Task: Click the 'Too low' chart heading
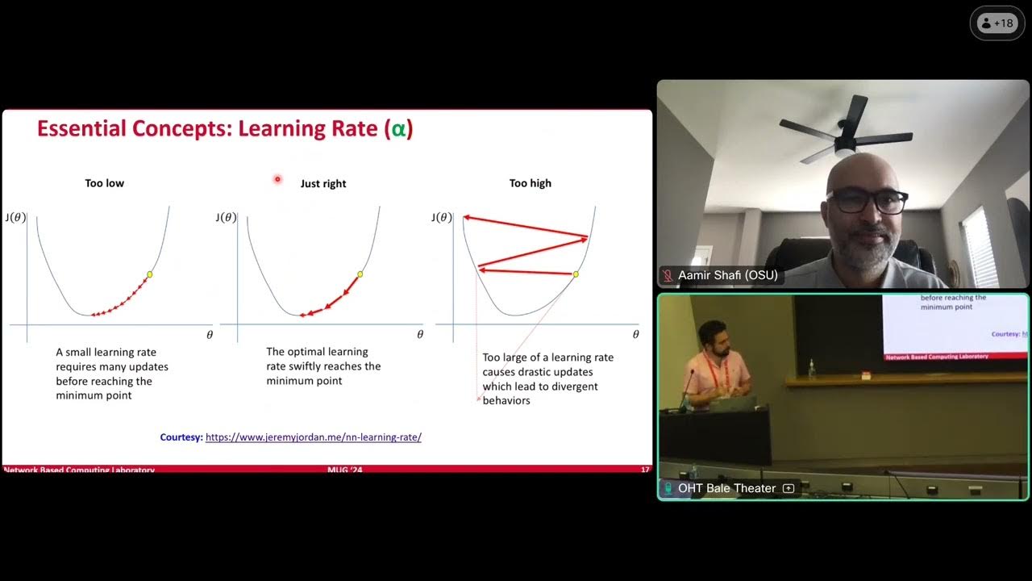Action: [x=105, y=183]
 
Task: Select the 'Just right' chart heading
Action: [x=323, y=184]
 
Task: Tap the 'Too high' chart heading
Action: [x=531, y=183]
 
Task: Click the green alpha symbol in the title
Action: [x=397, y=129]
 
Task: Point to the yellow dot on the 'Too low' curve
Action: [x=149, y=275]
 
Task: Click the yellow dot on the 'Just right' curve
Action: [x=360, y=274]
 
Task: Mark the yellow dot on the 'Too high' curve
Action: [x=576, y=274]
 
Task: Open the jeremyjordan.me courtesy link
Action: [x=314, y=437]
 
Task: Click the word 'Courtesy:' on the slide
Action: [x=181, y=437]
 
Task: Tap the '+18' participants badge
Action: [x=997, y=23]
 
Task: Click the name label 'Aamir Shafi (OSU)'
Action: [x=728, y=276]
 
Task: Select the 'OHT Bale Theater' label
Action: [x=726, y=488]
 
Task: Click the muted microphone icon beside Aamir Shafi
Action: [x=668, y=276]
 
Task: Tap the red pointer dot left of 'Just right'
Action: [x=277, y=179]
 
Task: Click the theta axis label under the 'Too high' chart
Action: [x=635, y=334]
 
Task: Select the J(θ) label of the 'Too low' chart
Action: [x=15, y=217]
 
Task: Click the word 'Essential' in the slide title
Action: [x=81, y=129]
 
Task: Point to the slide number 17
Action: [x=645, y=470]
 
